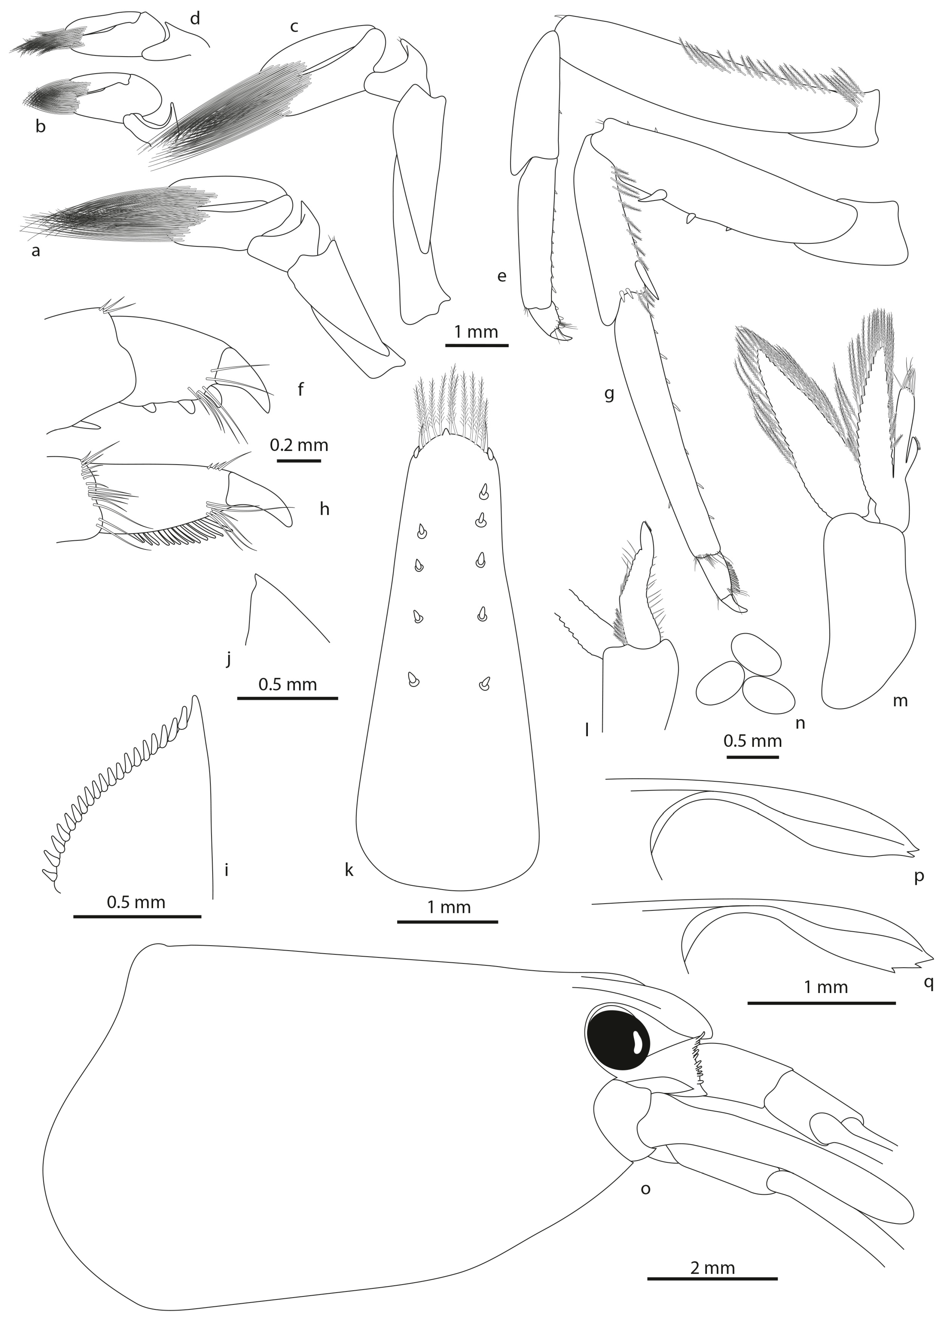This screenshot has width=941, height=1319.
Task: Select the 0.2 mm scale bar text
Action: pyautogui.click(x=299, y=445)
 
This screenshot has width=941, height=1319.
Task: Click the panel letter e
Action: pyautogui.click(x=502, y=276)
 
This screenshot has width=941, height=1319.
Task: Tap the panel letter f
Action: pyautogui.click(x=301, y=389)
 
